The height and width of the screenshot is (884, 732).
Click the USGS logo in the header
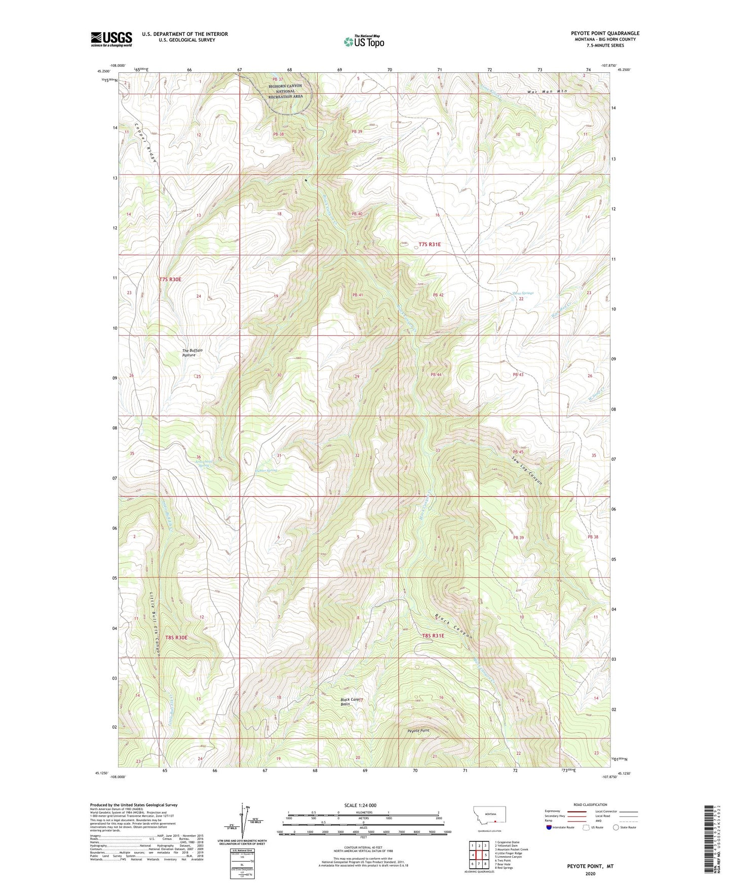click(x=111, y=39)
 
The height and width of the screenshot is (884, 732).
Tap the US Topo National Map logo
click(x=363, y=41)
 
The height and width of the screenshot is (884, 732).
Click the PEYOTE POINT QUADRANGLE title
click(x=604, y=33)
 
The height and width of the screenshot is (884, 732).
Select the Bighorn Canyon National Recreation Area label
click(x=285, y=91)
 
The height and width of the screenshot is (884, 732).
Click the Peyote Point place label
click(x=418, y=731)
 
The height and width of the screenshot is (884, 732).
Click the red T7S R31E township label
click(x=430, y=245)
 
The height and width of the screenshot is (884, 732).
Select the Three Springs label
click(x=523, y=293)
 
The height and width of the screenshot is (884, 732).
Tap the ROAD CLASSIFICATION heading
click(x=590, y=805)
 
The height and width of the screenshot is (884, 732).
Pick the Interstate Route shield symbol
click(x=550, y=827)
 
